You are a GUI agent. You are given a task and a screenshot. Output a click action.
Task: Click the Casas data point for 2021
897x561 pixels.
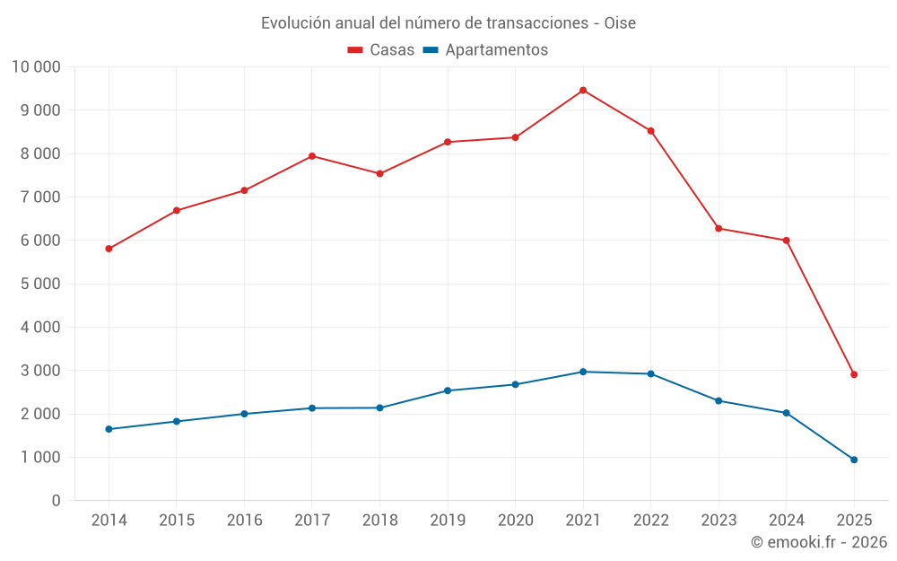[x=583, y=91]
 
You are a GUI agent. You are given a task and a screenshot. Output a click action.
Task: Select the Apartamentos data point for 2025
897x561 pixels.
[x=854, y=460]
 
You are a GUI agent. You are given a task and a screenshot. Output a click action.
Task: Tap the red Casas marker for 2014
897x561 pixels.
[x=109, y=249]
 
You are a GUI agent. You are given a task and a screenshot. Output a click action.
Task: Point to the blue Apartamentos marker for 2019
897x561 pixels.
[x=448, y=390]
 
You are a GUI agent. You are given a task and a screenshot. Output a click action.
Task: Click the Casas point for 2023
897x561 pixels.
[x=718, y=228]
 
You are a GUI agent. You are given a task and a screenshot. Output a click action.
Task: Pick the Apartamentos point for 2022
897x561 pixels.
[x=650, y=374]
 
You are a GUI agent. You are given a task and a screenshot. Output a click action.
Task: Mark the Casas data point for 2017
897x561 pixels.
[x=312, y=156]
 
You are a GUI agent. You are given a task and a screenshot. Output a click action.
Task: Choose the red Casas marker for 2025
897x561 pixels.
[x=854, y=374]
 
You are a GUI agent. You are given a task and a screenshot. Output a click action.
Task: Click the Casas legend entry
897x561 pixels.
[x=381, y=50]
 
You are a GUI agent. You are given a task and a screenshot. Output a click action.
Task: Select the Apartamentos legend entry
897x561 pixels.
[x=485, y=50]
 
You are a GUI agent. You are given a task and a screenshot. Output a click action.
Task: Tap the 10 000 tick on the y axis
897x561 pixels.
[x=36, y=66]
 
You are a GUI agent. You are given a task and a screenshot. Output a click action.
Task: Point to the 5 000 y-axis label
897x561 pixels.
[x=36, y=284]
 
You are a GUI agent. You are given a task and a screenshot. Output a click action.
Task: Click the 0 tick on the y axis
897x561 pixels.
[x=56, y=501]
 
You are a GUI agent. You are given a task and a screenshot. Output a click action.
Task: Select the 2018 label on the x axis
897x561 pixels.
[x=379, y=521]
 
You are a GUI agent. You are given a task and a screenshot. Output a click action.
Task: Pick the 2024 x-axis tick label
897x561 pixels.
[x=786, y=521]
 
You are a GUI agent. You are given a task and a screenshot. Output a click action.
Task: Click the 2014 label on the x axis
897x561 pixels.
[x=109, y=521]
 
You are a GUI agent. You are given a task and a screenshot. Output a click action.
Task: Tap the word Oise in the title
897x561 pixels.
[x=620, y=22]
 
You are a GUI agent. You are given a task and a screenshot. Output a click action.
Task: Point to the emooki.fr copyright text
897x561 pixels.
[x=819, y=542]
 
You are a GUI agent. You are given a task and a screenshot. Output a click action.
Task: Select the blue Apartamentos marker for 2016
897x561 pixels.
[x=244, y=414]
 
